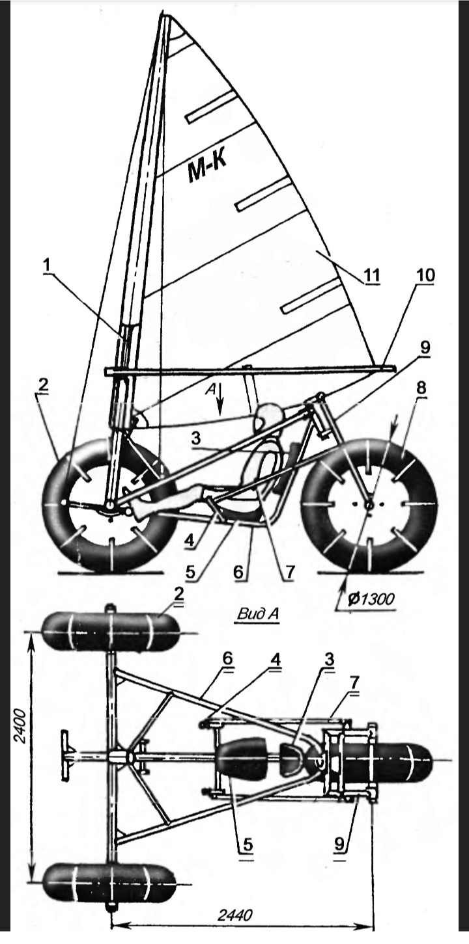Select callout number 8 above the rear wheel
coord(421,386)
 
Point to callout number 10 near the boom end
coord(427,275)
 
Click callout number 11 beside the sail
coord(372,275)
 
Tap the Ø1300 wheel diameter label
coord(371,597)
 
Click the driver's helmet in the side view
coord(268,416)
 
